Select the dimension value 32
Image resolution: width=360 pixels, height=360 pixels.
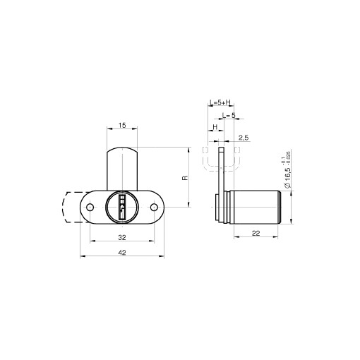point(122,238)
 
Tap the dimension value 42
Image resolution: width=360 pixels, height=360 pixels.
point(122,252)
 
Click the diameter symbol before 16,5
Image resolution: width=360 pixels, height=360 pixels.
point(289,193)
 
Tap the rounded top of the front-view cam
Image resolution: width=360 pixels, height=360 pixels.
point(122,150)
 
